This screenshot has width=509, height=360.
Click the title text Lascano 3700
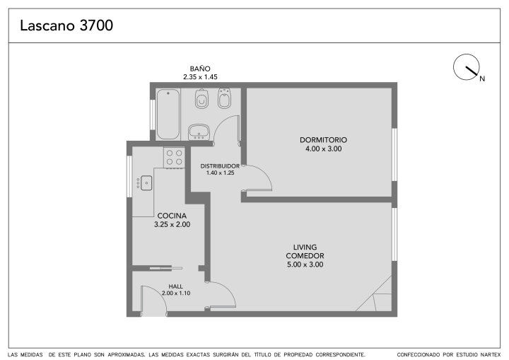tap(66, 25)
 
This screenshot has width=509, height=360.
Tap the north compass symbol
tap(467, 67)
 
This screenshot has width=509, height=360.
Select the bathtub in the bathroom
tap(168, 114)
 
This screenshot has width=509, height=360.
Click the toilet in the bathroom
tap(201, 98)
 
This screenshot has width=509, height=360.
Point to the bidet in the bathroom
tap(224, 98)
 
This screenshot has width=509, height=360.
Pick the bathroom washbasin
tap(199, 132)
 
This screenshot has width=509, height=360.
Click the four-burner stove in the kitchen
tap(175, 158)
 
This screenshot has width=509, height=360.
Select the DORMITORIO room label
tap(323, 140)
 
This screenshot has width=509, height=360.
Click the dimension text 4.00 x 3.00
tap(323, 149)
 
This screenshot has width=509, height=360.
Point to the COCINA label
tap(172, 216)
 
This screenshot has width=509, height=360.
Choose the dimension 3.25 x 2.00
tap(172, 224)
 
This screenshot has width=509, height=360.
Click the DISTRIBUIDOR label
tap(220, 166)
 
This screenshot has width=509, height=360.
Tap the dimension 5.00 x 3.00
tap(305, 265)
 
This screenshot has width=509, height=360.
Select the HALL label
tap(175, 286)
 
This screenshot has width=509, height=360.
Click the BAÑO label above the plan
tap(200, 69)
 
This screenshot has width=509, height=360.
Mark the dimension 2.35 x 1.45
tap(200, 77)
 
